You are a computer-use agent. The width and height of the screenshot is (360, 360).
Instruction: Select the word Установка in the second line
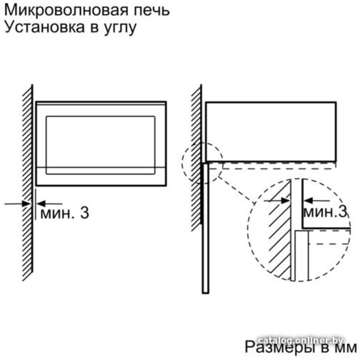point(45,27)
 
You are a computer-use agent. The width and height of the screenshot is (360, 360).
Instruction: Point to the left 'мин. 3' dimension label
point(64,213)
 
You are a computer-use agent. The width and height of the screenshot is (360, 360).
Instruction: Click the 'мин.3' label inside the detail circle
point(325,212)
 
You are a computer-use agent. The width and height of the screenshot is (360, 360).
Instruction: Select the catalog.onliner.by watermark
point(300,341)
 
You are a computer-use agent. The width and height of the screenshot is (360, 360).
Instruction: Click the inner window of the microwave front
point(100,145)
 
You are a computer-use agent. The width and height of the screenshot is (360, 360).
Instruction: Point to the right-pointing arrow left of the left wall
point(17,203)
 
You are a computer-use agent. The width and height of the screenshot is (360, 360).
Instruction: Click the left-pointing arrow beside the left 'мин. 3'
point(49,203)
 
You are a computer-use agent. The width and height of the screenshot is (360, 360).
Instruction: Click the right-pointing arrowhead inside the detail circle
point(285,201)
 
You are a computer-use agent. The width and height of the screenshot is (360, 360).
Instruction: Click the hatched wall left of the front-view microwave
point(28,183)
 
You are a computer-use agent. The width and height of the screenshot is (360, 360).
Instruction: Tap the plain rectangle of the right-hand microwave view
point(271,132)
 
